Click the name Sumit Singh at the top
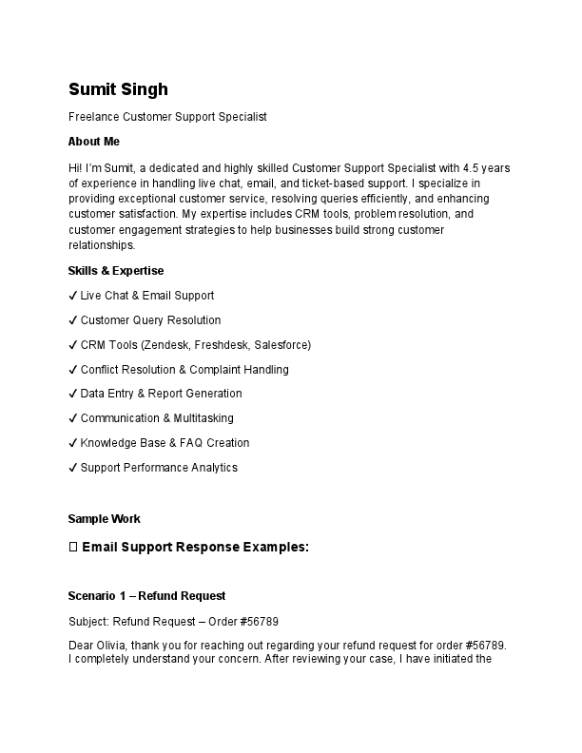point(118,89)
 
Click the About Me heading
point(94,142)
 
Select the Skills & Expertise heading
point(116,271)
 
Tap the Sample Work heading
point(105,519)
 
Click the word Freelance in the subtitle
point(93,117)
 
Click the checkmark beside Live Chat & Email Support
point(73,296)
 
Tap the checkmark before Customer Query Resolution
point(73,320)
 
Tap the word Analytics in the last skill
point(213,468)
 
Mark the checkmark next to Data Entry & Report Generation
point(73,394)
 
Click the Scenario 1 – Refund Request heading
point(146,596)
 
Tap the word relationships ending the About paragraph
point(102,245)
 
